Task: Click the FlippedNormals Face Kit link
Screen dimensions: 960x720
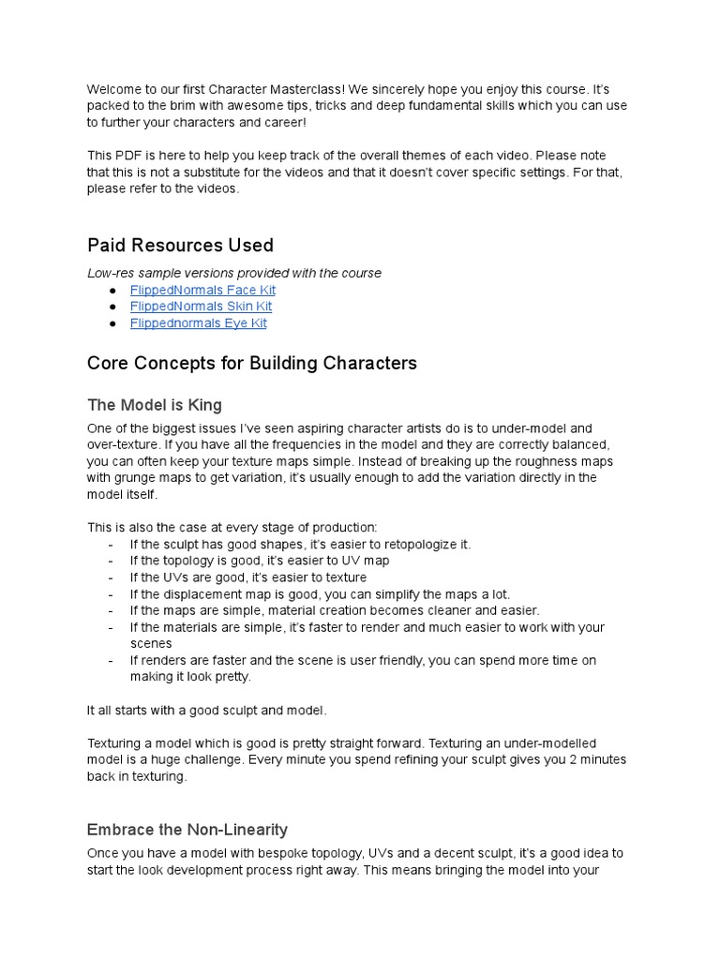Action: (202, 290)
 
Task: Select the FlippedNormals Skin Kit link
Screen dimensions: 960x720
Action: (201, 307)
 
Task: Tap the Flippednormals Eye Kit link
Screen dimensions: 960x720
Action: (198, 323)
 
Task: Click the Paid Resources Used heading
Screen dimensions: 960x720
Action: (180, 246)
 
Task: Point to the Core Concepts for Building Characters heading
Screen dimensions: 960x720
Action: (251, 363)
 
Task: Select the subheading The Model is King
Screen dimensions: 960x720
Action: (155, 405)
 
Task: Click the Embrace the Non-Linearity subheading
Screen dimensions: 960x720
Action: (187, 830)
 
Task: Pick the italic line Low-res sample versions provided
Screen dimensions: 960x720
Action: (234, 273)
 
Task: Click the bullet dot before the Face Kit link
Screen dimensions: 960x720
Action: (112, 291)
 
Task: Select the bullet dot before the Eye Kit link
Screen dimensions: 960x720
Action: (112, 324)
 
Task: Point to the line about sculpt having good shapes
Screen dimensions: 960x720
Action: (300, 545)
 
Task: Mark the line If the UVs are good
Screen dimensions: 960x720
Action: (248, 577)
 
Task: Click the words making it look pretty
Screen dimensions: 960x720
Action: (190, 677)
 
